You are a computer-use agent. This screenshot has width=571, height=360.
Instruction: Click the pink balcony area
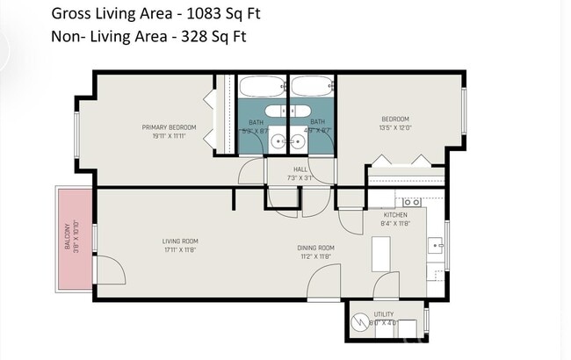click(x=74, y=237)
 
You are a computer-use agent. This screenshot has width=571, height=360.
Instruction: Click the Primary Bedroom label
click(x=169, y=127)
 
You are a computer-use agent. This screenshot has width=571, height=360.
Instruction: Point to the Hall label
click(x=300, y=170)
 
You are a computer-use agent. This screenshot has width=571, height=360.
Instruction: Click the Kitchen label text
click(x=395, y=214)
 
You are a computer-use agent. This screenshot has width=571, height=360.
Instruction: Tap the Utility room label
click(x=384, y=313)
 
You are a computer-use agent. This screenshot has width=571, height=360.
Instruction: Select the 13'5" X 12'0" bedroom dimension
click(x=394, y=128)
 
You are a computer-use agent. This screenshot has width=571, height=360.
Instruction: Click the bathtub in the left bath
click(x=261, y=88)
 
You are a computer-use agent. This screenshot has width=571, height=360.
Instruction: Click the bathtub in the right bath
click(x=312, y=88)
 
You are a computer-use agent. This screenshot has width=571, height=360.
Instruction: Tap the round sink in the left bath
click(x=278, y=140)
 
